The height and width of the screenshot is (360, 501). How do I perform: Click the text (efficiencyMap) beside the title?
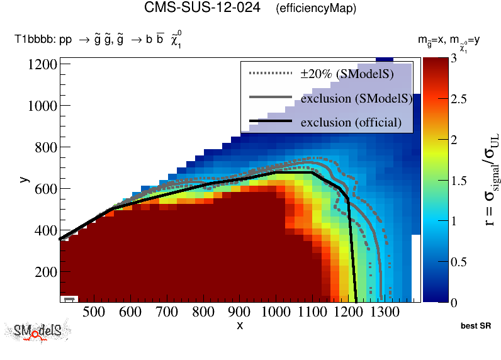point(316,9)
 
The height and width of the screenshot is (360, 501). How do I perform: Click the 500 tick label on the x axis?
point(93,312)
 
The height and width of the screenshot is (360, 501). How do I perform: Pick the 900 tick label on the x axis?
point(239,312)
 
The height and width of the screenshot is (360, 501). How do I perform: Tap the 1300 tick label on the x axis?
point(383,312)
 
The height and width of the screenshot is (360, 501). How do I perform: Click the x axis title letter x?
point(240,325)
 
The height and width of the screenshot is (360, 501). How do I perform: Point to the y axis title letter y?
point(24,179)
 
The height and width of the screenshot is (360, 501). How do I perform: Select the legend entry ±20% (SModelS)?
point(347,74)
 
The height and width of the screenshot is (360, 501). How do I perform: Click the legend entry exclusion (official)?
point(351,121)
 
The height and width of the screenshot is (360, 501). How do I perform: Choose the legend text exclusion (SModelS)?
point(356,98)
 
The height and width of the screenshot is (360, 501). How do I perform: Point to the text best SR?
point(475,327)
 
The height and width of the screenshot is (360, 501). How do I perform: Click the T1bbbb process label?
point(99,41)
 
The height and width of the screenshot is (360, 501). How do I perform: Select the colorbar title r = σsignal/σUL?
point(489,179)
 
